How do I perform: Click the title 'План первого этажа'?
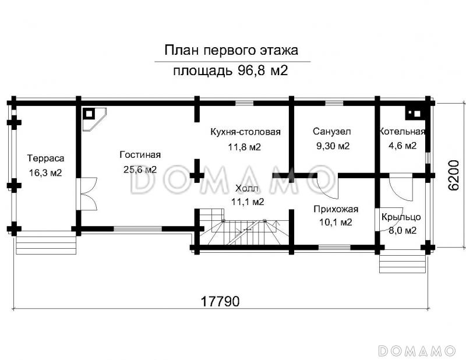(232, 50)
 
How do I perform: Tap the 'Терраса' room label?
(45, 158)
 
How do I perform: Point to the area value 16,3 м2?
(45, 172)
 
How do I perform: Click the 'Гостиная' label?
(140, 154)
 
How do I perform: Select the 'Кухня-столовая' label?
(245, 132)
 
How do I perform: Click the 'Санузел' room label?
(332, 131)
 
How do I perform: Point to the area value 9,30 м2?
(332, 146)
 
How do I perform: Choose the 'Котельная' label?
(402, 131)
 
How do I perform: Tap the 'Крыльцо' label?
(401, 217)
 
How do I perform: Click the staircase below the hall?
(245, 233)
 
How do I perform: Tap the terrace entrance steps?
(47, 242)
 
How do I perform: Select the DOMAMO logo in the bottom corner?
(416, 350)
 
